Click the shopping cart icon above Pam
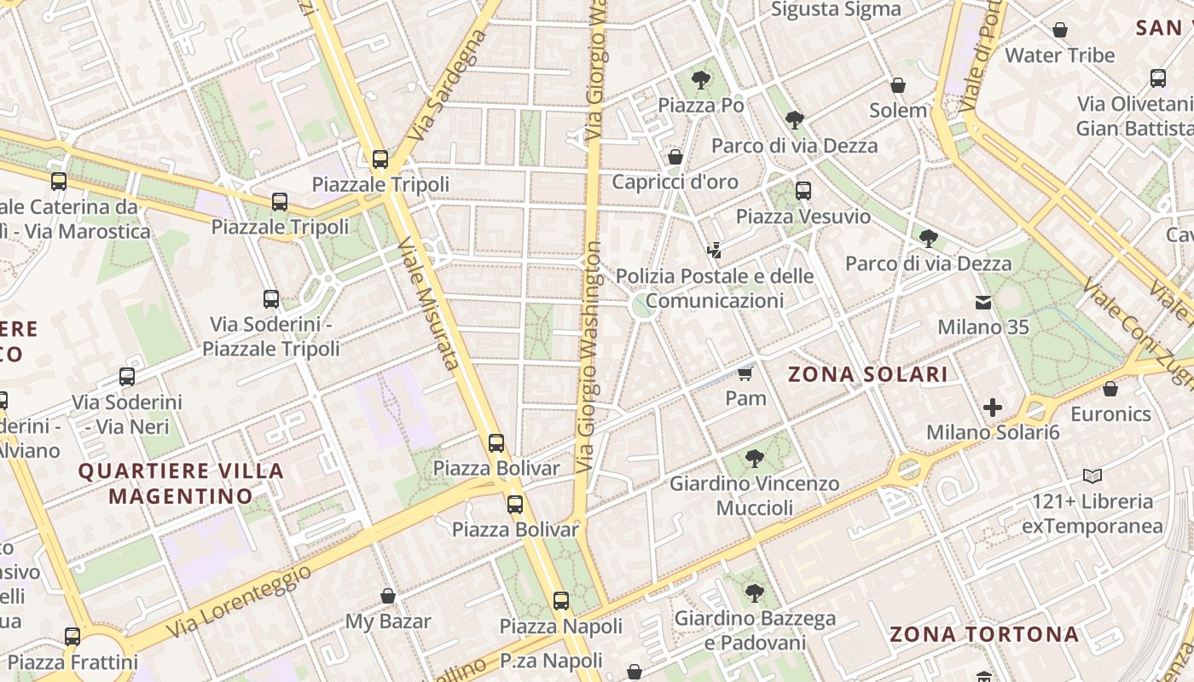(745, 373)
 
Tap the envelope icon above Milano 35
(983, 302)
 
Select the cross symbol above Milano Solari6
(993, 407)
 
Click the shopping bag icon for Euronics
(1110, 390)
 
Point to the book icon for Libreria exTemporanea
(1093, 476)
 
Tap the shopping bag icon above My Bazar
(388, 596)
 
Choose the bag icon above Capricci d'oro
(675, 157)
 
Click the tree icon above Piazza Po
(701, 80)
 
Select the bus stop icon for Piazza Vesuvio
(803, 191)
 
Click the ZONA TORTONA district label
(984, 634)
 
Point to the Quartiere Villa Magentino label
(181, 483)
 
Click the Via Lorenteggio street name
(239, 602)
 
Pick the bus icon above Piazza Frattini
(72, 636)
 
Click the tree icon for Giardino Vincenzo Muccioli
(754, 459)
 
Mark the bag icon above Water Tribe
(1060, 31)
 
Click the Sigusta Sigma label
(836, 9)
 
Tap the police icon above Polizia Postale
(715, 251)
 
